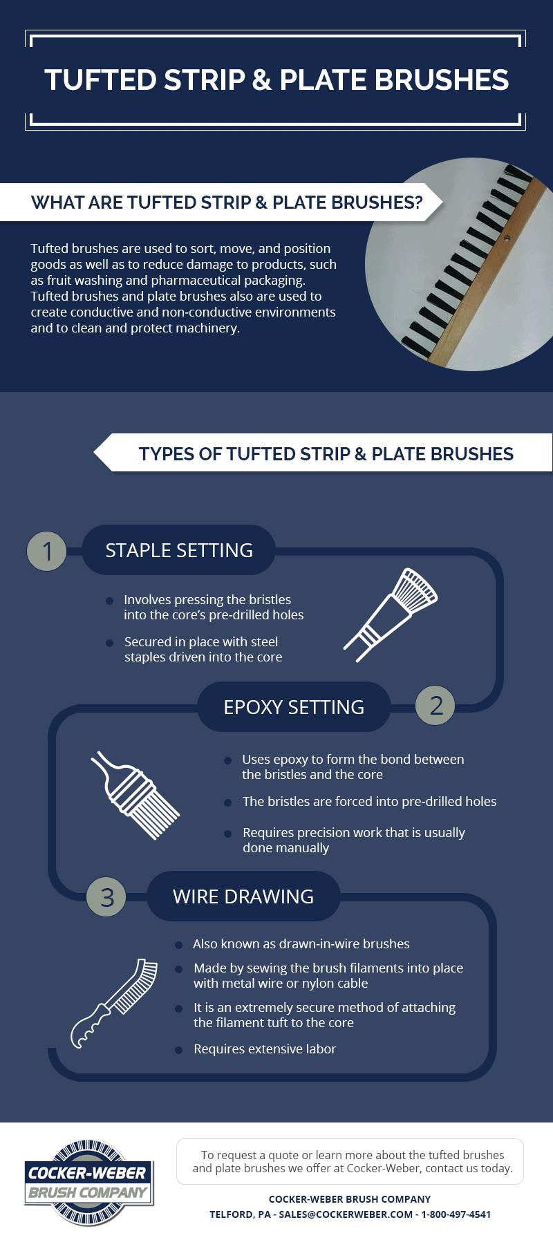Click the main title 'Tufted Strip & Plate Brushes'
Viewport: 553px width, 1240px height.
pyautogui.click(x=276, y=80)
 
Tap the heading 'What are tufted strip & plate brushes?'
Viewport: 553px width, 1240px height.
pyautogui.click(x=226, y=203)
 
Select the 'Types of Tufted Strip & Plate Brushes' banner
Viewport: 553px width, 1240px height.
pyautogui.click(x=326, y=454)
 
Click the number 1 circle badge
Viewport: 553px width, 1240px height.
pyautogui.click(x=47, y=552)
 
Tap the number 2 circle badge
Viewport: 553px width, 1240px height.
pyautogui.click(x=435, y=706)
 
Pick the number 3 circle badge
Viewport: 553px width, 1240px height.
pyautogui.click(x=106, y=897)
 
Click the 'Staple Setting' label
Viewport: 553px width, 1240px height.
pyautogui.click(x=179, y=550)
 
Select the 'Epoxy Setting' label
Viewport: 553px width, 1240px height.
pyautogui.click(x=294, y=707)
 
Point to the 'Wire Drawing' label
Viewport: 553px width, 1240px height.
pyautogui.click(x=243, y=896)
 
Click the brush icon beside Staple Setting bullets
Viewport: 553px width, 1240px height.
pyautogui.click(x=391, y=614)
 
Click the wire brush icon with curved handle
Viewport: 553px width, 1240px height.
pyautogui.click(x=115, y=1002)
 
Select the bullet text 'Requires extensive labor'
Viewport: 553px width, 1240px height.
pyautogui.click(x=265, y=1049)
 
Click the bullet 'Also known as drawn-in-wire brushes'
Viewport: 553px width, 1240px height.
pyautogui.click(x=301, y=944)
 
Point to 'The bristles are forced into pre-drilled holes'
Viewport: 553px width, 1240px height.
pyautogui.click(x=369, y=802)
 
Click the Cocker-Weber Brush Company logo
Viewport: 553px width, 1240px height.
pyautogui.click(x=88, y=1183)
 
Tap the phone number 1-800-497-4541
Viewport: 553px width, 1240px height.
pyautogui.click(x=456, y=1214)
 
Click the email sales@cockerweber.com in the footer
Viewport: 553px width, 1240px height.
pyautogui.click(x=346, y=1214)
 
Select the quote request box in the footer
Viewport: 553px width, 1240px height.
pyautogui.click(x=350, y=1161)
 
